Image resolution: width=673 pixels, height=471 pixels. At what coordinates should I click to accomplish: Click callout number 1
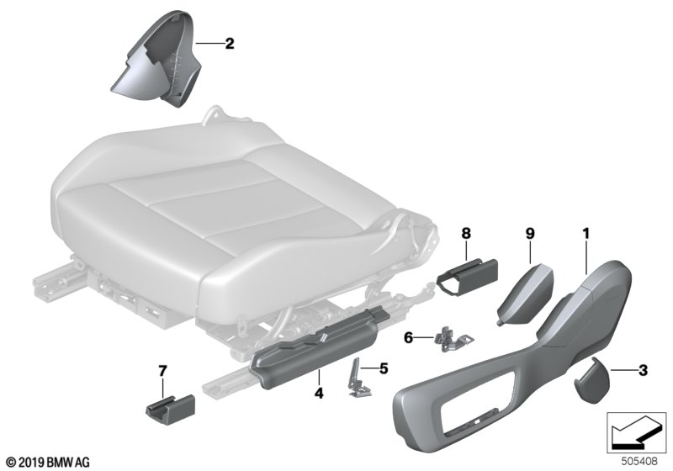point(583,230)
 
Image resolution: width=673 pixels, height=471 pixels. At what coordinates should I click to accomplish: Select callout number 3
point(642,368)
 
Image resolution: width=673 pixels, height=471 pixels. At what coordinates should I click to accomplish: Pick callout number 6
point(410,337)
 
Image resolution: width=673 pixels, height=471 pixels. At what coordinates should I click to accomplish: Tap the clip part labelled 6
point(452,337)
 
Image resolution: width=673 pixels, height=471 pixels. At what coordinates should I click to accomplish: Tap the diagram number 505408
point(636,458)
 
